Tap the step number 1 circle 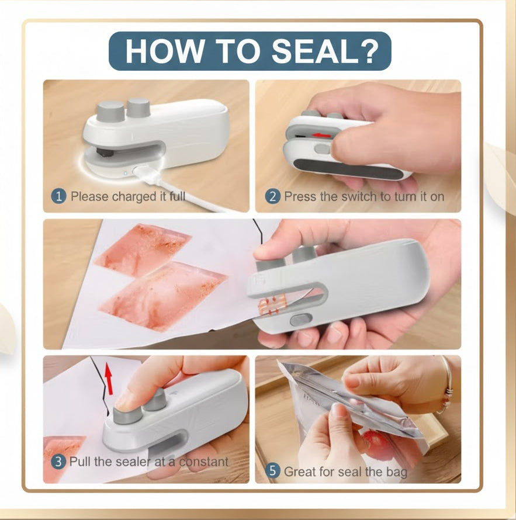pyautogui.click(x=58, y=196)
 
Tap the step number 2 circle pyautogui.click(x=272, y=196)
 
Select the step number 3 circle pyautogui.click(x=58, y=462)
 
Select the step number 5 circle pyautogui.click(x=272, y=470)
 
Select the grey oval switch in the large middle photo pyautogui.click(x=299, y=320)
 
